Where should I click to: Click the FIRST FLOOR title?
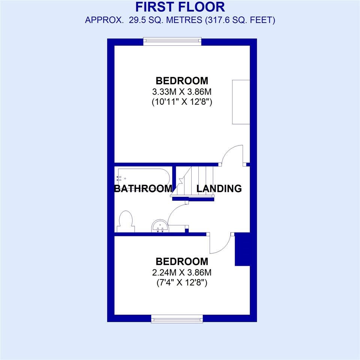[x=180, y=7]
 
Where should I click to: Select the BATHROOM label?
[x=143, y=188]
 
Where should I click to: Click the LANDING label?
[x=219, y=188]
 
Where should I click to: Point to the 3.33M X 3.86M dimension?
[x=182, y=91]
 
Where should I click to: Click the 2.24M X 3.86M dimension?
[x=182, y=272]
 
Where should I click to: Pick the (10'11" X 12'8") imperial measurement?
[x=182, y=101]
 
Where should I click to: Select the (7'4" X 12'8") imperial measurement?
[x=182, y=282]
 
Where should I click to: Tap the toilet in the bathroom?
[x=124, y=221]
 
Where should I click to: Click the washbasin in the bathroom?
[x=160, y=226]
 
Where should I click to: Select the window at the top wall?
[x=172, y=41]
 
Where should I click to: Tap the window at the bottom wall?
[x=177, y=319]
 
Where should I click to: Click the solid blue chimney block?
[x=242, y=249]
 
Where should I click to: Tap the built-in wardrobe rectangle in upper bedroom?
[x=241, y=102]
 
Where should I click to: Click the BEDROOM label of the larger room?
[x=182, y=81]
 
